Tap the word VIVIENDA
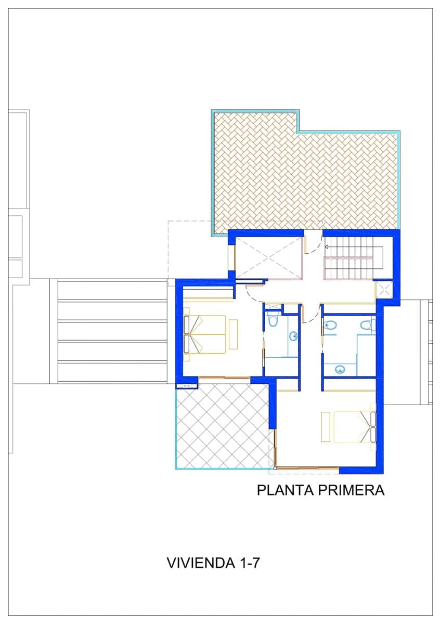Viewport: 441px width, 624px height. (200, 563)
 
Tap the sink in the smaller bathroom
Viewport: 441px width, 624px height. (294, 336)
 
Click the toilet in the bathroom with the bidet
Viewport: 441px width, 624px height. (366, 326)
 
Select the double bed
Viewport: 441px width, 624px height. (354, 427)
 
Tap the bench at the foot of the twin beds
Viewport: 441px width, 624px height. (234, 334)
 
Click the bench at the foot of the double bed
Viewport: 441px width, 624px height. (326, 427)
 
